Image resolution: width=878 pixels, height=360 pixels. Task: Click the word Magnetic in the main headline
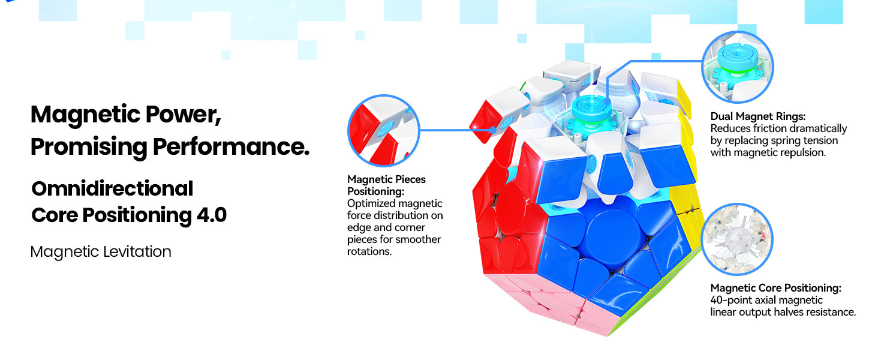point(85,115)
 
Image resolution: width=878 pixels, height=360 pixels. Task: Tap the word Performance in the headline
point(231,146)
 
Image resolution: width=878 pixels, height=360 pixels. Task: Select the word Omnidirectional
point(113,188)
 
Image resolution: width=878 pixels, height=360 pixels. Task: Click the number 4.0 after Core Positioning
point(212,215)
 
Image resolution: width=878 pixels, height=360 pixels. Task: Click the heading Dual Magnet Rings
point(758,116)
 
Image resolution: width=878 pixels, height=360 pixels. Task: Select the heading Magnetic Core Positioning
point(775,288)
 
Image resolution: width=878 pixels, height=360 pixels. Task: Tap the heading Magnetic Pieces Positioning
point(386,185)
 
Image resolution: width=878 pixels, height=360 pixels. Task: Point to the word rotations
point(369,251)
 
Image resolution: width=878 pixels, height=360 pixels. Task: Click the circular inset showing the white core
point(737,239)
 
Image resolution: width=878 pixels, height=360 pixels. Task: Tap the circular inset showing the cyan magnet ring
point(737,67)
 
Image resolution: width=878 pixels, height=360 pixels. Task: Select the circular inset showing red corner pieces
point(384,131)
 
